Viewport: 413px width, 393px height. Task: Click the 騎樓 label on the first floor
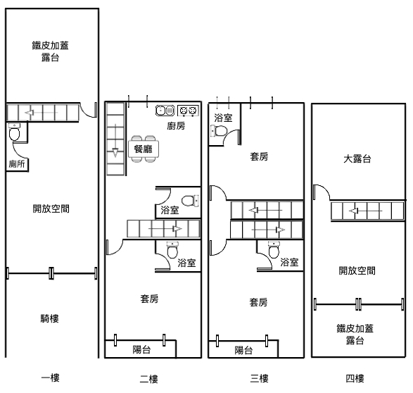coord(49,318)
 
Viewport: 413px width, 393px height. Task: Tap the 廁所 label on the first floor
coord(17,164)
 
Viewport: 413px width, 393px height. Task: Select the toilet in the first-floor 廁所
coord(14,132)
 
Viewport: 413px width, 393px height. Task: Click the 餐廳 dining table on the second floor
coord(144,149)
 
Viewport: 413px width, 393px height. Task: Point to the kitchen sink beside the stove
coord(165,110)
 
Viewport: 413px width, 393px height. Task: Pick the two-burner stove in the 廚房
coord(188,111)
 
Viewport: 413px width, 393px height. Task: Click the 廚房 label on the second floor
coord(176,126)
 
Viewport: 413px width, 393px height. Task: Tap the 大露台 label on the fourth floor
coord(357,159)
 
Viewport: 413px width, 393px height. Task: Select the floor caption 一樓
coord(51,378)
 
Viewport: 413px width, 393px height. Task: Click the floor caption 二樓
coord(149,379)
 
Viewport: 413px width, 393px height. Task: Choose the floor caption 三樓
coord(260,378)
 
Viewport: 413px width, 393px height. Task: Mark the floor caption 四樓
coord(355,378)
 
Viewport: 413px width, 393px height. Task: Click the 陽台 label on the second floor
coord(141,349)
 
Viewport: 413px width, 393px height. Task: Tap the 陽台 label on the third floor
coord(243,350)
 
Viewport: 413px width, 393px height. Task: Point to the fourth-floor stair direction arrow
coord(365,211)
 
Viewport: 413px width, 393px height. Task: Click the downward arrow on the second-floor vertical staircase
coord(115,140)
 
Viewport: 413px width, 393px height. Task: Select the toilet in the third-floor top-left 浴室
coord(219,130)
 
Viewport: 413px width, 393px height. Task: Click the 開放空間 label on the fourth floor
coord(357,270)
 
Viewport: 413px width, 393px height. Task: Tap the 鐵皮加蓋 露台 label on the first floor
coord(51,51)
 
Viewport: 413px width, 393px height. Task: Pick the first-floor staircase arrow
coord(41,113)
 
